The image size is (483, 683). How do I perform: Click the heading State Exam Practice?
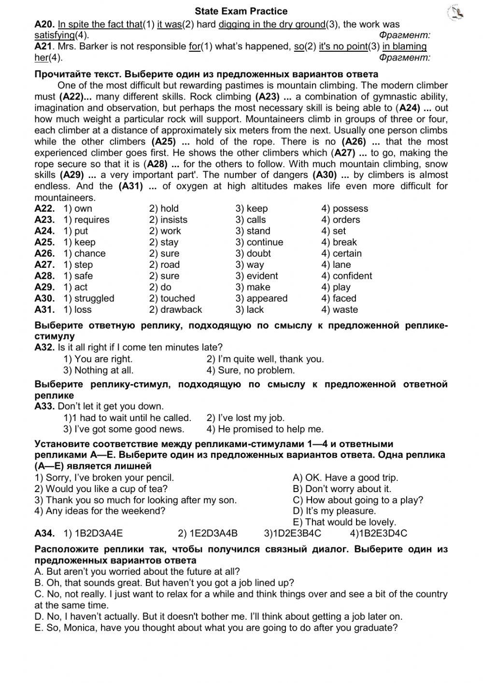[241, 11]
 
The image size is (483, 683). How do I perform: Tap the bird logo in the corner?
[456, 13]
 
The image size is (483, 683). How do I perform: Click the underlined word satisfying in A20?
[55, 35]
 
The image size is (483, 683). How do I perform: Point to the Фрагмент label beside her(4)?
[404, 58]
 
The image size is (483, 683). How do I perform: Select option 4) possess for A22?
[344, 209]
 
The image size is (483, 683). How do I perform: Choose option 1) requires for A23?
[86, 220]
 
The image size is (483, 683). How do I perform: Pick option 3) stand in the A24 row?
[253, 231]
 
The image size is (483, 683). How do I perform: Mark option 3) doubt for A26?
[253, 253]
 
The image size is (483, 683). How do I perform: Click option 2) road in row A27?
[164, 265]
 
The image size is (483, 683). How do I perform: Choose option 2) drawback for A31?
[175, 310]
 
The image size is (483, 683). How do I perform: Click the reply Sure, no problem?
[250, 371]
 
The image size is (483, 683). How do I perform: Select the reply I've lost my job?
[245, 418]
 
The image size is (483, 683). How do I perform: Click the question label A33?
[44, 407]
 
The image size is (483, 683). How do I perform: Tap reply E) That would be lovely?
[344, 523]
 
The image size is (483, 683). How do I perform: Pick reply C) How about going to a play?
[357, 500]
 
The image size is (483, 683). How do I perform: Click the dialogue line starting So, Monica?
[216, 628]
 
